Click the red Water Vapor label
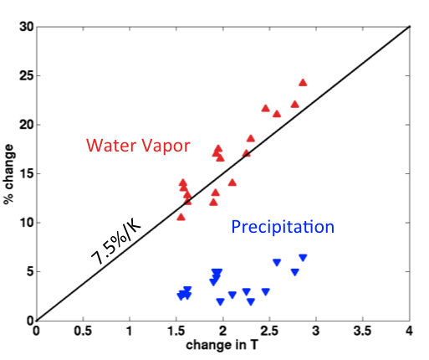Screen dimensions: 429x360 [x=138, y=146]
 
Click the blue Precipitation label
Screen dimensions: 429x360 [x=283, y=227]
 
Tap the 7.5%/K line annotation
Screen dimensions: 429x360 [x=116, y=241]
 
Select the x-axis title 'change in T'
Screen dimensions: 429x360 [x=222, y=345]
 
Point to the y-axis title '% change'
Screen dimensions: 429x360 [x=8, y=174]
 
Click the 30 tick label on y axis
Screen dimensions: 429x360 [x=27, y=27]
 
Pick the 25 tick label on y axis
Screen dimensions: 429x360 [x=27, y=75]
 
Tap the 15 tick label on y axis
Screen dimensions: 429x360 [x=27, y=173]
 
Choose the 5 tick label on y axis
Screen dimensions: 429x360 [x=30, y=271]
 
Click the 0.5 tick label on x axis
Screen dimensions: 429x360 [x=83, y=331]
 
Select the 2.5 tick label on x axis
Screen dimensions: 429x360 [x=269, y=331]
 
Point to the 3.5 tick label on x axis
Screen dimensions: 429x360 [x=363, y=331]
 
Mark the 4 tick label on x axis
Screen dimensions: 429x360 [x=409, y=331]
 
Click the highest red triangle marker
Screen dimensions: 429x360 [x=303, y=83]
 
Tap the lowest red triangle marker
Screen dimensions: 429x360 [x=181, y=217]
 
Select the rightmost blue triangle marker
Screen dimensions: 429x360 [x=303, y=258]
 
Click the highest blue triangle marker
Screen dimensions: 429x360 [x=303, y=258]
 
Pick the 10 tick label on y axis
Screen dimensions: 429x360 [x=27, y=223]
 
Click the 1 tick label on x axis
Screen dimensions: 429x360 [x=129, y=331]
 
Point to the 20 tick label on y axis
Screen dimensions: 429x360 [x=27, y=125]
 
